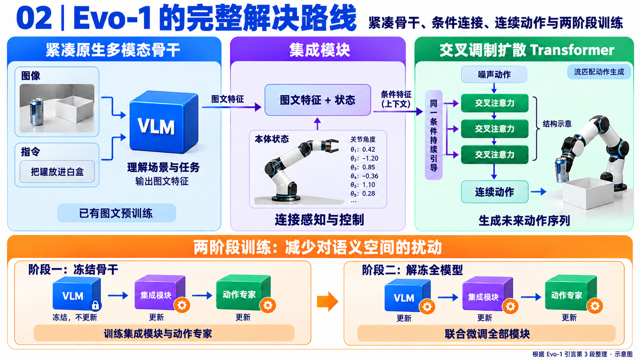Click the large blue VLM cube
tap(164, 122)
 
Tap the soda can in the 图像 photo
tap(37, 112)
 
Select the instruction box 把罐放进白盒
tap(57, 171)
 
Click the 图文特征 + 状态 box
tap(318, 100)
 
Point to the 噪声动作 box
tap(494, 75)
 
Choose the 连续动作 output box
tap(495, 192)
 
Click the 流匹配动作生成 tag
tap(599, 72)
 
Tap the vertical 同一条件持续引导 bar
tap(434, 135)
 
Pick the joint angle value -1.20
tap(370, 158)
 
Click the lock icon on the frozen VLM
tap(95, 305)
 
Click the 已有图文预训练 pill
tap(117, 213)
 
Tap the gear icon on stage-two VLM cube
tap(427, 307)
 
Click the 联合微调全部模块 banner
tap(487, 334)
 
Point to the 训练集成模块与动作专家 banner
tap(164, 333)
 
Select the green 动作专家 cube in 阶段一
tap(243, 293)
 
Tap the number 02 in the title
tap(34, 18)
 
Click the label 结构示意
tap(557, 124)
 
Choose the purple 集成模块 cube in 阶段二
tap(487, 294)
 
